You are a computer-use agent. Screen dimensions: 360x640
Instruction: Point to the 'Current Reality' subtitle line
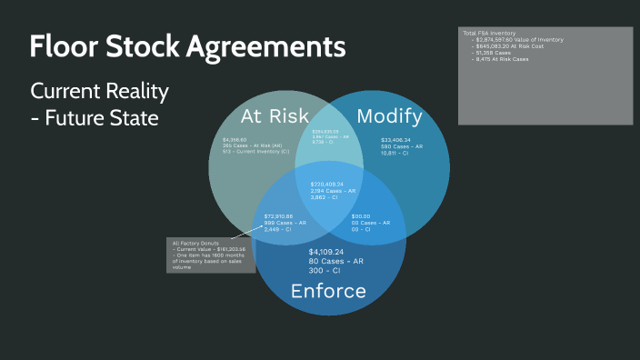100,92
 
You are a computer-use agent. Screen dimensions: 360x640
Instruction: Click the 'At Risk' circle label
275,115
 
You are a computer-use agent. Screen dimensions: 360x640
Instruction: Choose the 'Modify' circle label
389,115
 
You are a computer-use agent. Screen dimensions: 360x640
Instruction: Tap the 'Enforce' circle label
328,291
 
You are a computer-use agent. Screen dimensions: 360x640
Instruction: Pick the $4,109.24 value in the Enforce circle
326,252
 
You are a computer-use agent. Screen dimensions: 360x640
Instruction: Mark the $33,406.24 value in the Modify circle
395,140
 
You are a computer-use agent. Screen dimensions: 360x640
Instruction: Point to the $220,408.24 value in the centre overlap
329,184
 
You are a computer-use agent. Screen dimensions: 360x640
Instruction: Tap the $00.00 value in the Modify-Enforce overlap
362,215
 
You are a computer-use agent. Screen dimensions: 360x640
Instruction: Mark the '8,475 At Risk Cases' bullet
503,58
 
